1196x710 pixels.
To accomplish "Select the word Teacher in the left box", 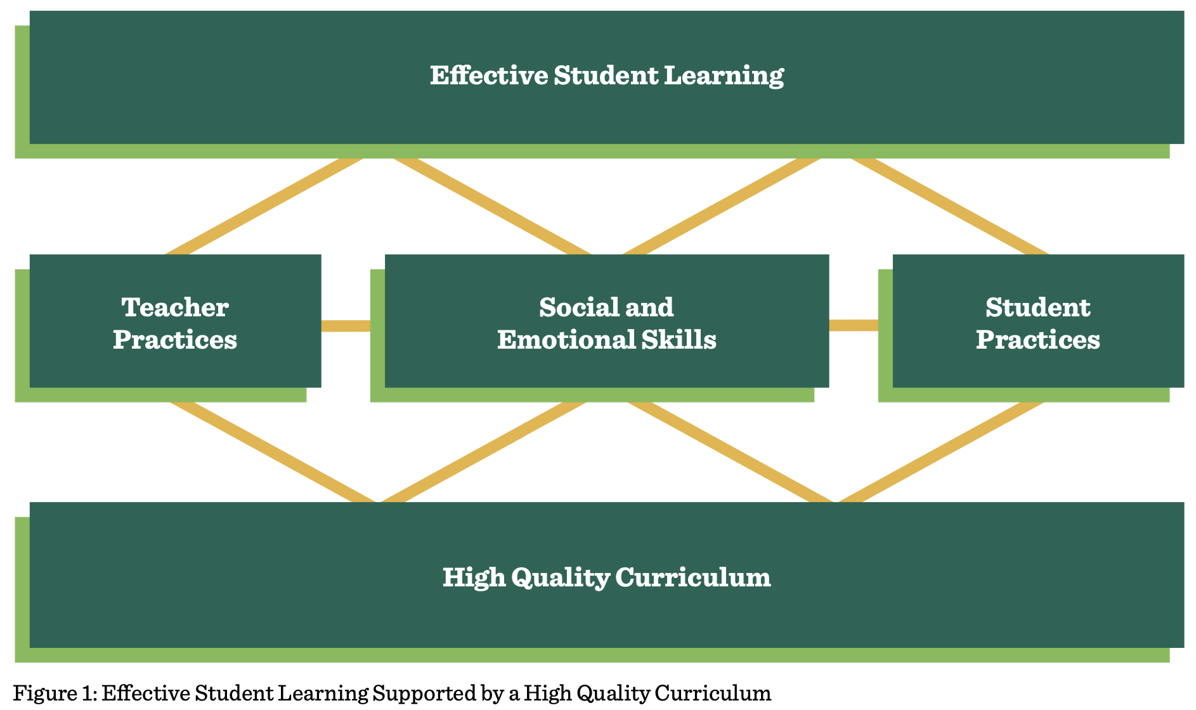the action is pyautogui.click(x=175, y=307).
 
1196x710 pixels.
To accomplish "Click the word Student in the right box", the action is pyautogui.click(x=1038, y=307).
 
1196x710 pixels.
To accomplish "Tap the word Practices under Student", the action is pyautogui.click(x=1038, y=340).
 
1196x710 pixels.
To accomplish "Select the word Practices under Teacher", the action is pyautogui.click(x=175, y=340).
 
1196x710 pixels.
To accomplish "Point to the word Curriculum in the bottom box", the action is pyautogui.click(x=693, y=578).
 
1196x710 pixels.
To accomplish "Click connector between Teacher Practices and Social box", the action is pyautogui.click(x=346, y=326).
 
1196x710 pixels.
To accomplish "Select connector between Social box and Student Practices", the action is pyautogui.click(x=854, y=325).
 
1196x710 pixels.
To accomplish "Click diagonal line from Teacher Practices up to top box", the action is pyautogui.click(x=264, y=206).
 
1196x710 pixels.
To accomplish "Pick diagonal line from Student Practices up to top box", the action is pyautogui.click(x=949, y=206).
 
